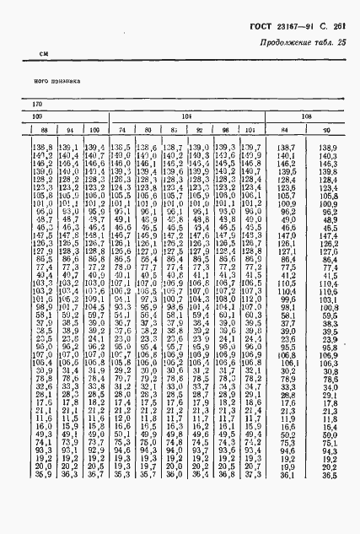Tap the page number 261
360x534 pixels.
342,26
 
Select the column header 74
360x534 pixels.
123,130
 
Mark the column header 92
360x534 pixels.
200,130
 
